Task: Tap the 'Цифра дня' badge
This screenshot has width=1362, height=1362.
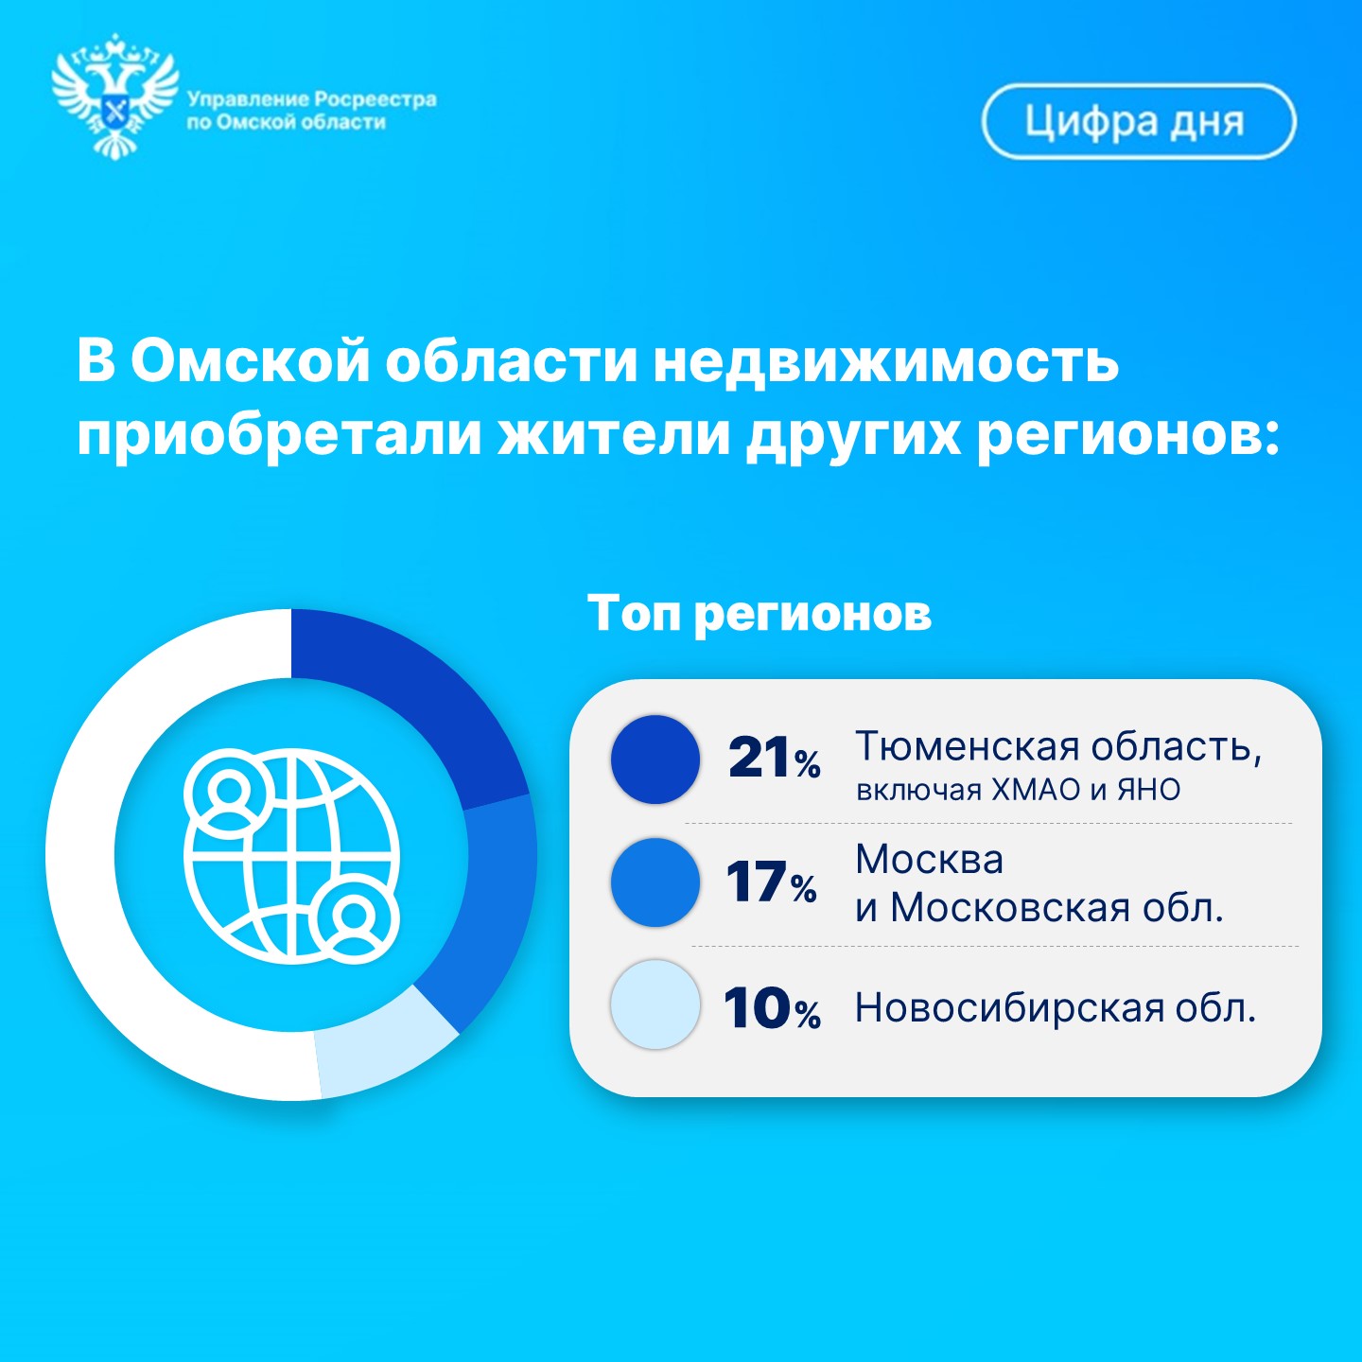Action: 1139,122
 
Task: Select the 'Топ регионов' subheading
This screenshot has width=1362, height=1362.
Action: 760,613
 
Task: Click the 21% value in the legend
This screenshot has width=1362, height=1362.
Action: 774,759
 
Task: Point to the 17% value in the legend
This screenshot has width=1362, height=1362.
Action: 771,882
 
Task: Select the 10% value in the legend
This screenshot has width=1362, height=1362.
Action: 772,1007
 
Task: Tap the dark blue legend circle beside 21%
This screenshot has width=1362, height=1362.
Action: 655,760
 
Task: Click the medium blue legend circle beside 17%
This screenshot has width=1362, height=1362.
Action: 655,882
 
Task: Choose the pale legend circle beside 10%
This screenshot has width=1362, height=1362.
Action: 655,1004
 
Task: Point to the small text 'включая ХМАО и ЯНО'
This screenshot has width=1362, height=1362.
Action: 1019,790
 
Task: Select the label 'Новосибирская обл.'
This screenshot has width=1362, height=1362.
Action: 1056,1007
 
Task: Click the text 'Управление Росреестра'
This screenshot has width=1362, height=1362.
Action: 312,99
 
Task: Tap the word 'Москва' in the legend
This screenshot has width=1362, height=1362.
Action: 930,860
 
